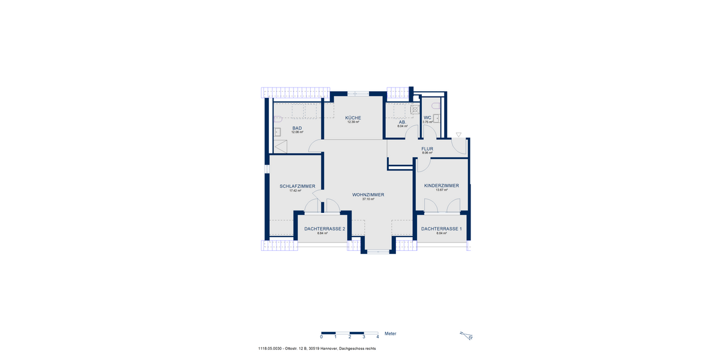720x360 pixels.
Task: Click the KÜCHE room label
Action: pyautogui.click(x=353, y=118)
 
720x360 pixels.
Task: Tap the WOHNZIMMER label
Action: pyautogui.click(x=368, y=195)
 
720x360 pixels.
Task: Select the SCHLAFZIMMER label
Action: pyautogui.click(x=297, y=186)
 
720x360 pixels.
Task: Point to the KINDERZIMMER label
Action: pyautogui.click(x=441, y=185)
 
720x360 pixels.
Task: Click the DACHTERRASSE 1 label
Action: pyautogui.click(x=441, y=229)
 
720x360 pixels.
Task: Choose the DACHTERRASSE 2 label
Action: pyautogui.click(x=325, y=229)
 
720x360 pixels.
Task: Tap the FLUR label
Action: pyautogui.click(x=427, y=148)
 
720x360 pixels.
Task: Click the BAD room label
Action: pyautogui.click(x=297, y=128)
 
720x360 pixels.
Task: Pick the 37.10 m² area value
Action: pyautogui.click(x=368, y=199)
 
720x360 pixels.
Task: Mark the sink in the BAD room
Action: pyautogui.click(x=278, y=132)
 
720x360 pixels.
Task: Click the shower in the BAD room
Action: pyautogui.click(x=280, y=146)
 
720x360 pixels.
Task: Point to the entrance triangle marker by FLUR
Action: pyautogui.click(x=458, y=135)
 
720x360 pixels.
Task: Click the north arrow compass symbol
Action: pyautogui.click(x=466, y=335)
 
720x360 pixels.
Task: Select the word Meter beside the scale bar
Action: pyautogui.click(x=390, y=334)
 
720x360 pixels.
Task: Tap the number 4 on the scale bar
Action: pyautogui.click(x=377, y=338)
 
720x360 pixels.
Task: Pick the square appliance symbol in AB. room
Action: pyautogui.click(x=415, y=109)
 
